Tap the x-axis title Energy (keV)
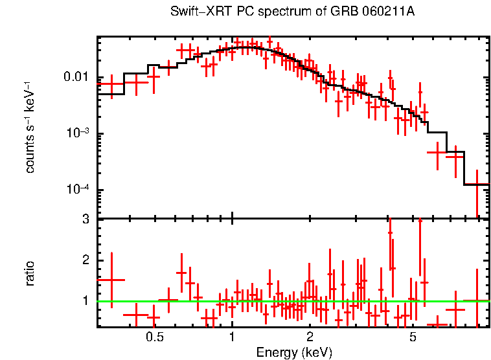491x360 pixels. tap(293, 352)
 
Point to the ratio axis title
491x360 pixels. tap(30, 273)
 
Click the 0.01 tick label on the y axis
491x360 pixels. tap(76, 78)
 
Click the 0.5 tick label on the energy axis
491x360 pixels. tap(154, 337)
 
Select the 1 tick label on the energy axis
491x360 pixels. tap(232, 337)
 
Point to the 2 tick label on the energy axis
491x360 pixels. tap(310, 337)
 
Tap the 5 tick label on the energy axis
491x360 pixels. tap(413, 337)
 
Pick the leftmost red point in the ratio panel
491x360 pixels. tap(111, 280)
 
